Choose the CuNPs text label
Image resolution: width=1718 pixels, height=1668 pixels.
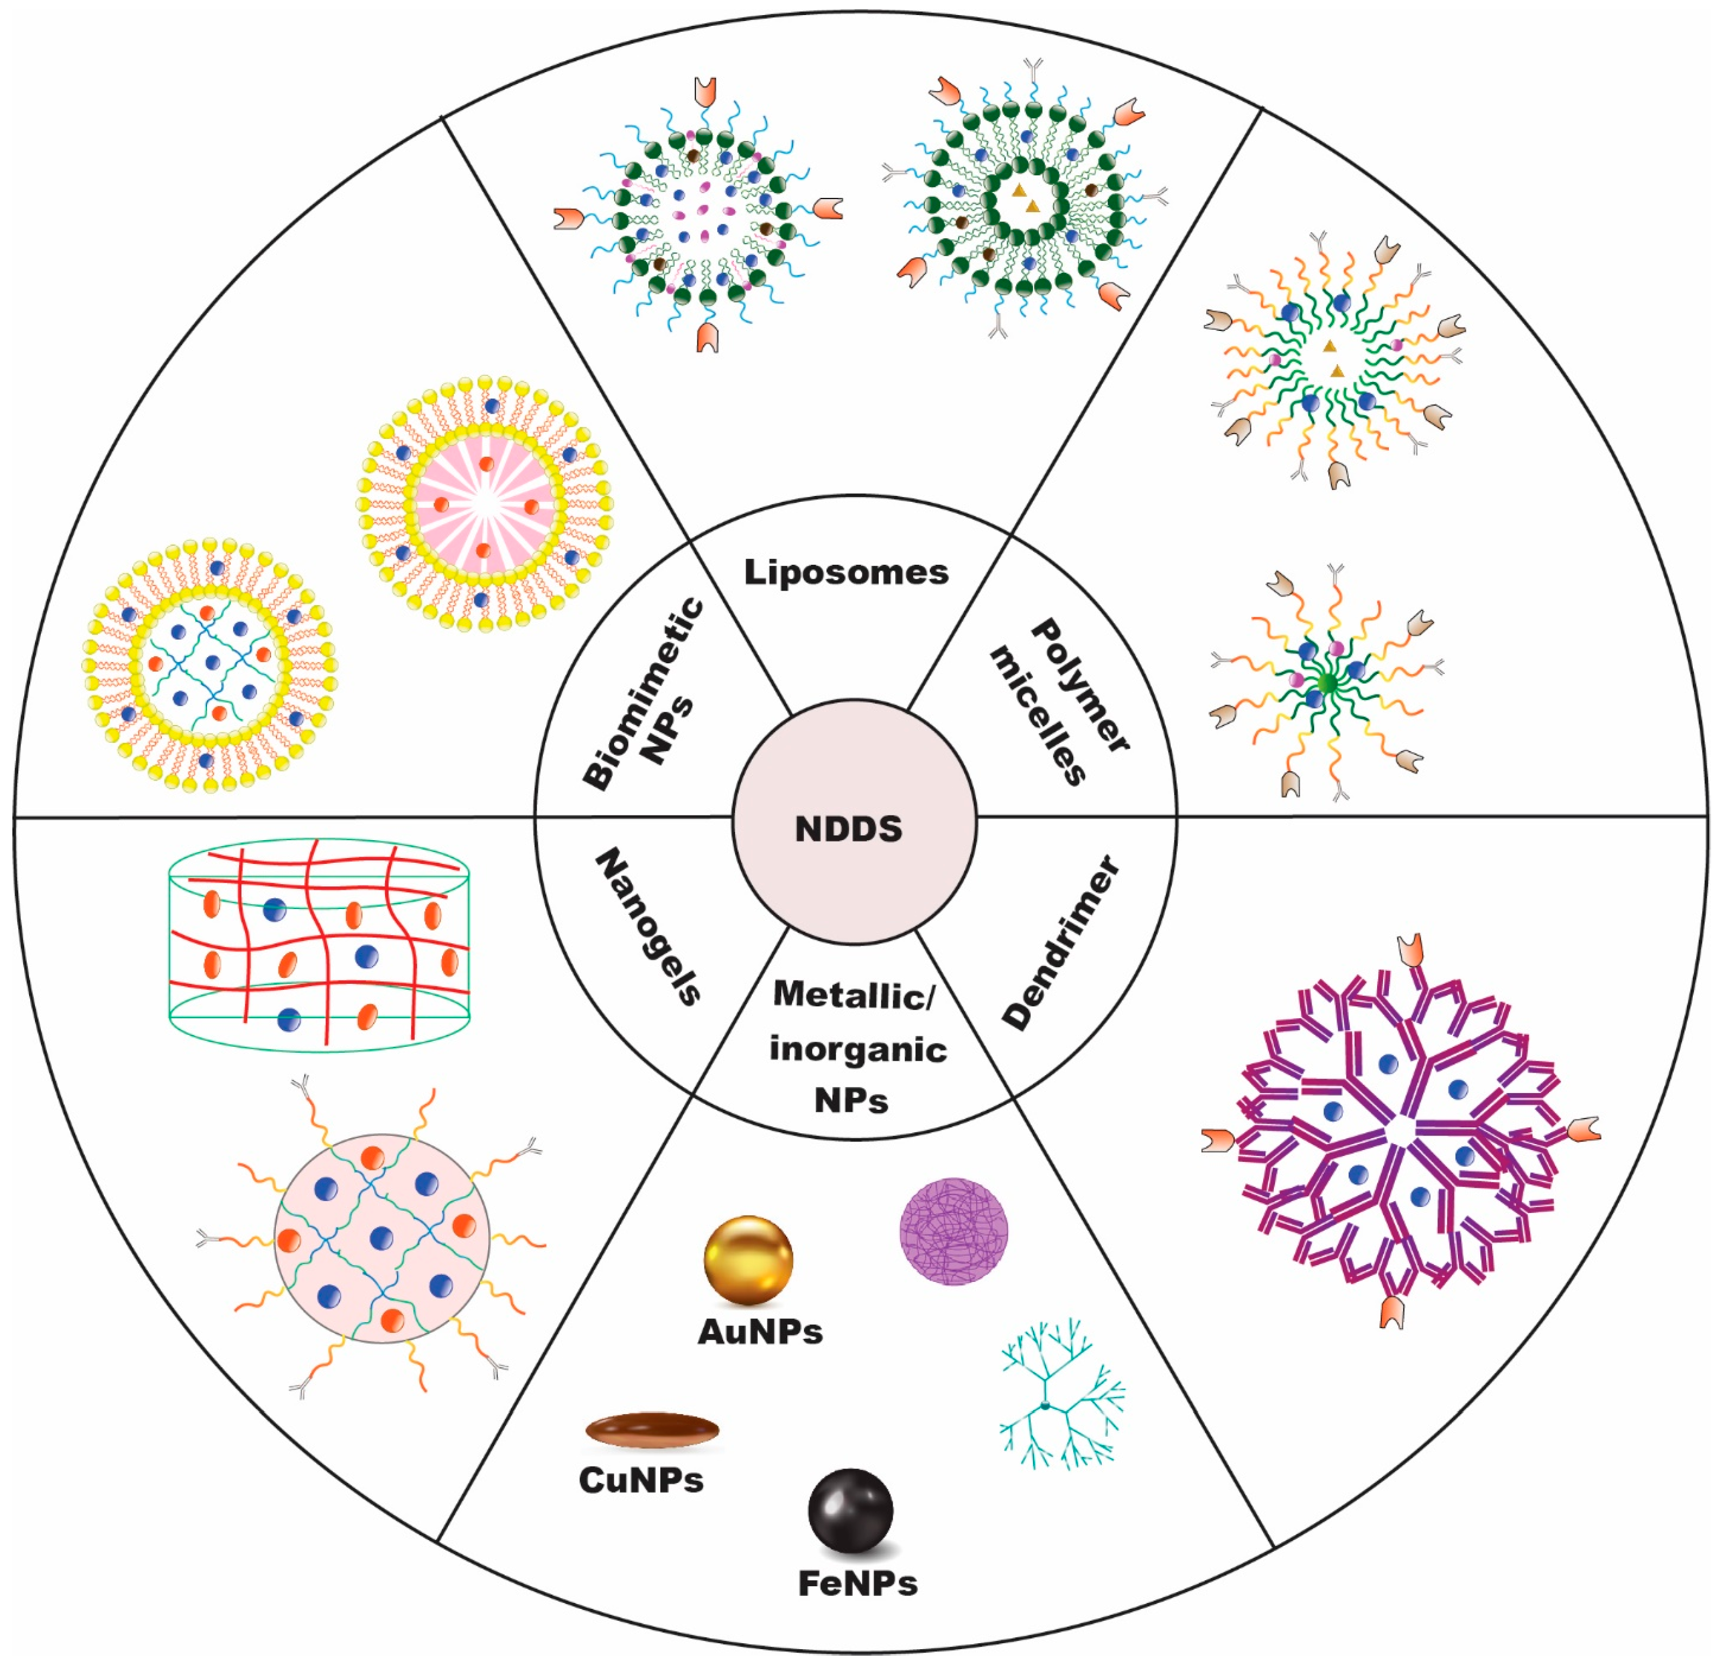point(641,1480)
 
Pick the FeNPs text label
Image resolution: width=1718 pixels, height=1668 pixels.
point(857,1584)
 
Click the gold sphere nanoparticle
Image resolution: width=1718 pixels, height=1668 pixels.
point(747,1260)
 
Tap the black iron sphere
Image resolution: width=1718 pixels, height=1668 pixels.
point(850,1510)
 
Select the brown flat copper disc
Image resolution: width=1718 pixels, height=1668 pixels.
point(652,1430)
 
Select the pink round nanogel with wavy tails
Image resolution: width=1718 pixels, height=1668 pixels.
point(381,1238)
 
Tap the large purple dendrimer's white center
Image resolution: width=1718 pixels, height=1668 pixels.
point(1400,1131)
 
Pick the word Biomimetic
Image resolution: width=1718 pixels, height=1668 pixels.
point(644,693)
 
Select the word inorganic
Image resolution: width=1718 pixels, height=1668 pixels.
point(857,1049)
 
